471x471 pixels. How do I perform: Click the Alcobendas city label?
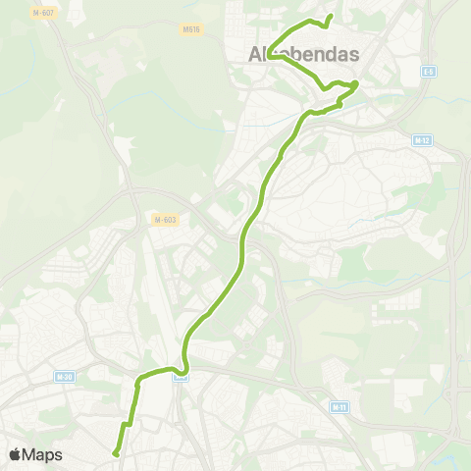click(297, 56)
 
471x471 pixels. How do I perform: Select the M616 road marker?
click(190, 29)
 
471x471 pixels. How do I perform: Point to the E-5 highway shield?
click(429, 72)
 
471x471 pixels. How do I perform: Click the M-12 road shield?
click(421, 140)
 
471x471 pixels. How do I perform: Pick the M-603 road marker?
click(163, 219)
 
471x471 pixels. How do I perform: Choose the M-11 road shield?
click(340, 406)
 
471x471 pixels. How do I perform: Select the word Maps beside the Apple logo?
click(43, 454)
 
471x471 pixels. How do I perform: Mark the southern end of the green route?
click(115, 453)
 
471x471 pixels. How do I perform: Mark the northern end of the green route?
click(330, 16)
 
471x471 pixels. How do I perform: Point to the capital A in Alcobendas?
click(246, 56)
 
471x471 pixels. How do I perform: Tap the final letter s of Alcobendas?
click(352, 56)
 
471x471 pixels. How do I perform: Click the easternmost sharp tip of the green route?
click(356, 84)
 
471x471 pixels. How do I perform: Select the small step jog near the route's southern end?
click(127, 424)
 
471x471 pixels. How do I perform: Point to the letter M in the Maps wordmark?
click(31, 454)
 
